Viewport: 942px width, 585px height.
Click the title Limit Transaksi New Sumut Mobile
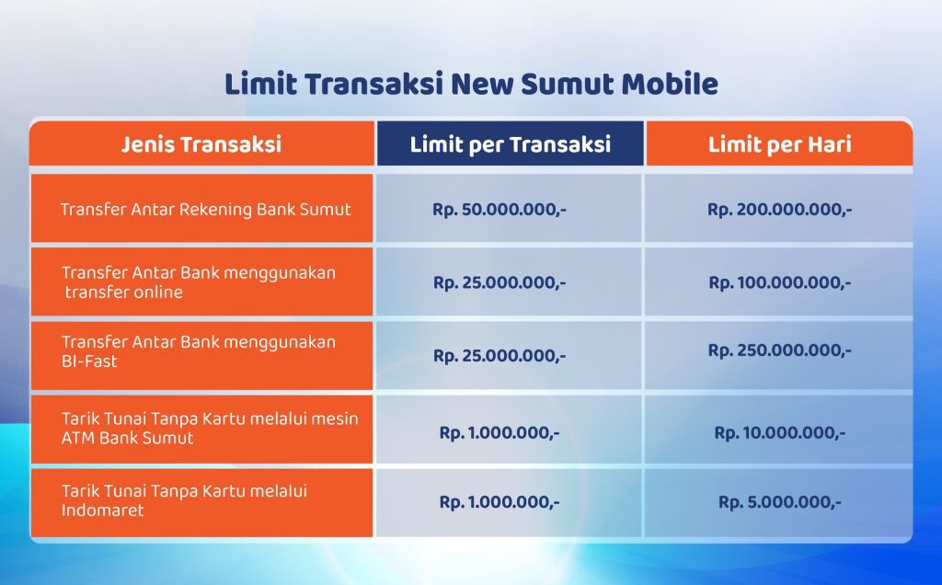pos(471,85)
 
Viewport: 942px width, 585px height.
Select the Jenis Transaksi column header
pos(201,144)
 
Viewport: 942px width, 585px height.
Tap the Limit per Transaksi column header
pos(510,144)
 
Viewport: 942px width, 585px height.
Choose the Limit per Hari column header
pos(779,144)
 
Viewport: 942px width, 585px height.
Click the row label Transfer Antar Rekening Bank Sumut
pos(205,209)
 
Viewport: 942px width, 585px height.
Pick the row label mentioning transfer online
pos(199,282)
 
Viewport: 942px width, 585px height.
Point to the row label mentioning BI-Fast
pos(199,351)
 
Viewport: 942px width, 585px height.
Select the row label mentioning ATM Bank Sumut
pos(210,428)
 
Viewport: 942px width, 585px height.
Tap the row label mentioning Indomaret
pos(184,500)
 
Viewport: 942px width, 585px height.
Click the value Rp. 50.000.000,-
pos(500,209)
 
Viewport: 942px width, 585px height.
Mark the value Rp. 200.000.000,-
pos(779,209)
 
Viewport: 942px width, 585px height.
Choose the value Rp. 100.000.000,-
pos(779,282)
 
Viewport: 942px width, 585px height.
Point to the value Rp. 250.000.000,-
pos(779,350)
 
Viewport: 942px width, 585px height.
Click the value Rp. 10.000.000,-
pos(779,432)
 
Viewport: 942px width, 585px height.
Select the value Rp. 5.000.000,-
pos(779,502)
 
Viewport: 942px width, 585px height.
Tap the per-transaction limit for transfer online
pos(500,282)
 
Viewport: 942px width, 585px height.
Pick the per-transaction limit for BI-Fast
pos(500,355)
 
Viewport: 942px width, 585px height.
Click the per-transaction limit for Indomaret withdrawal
pos(500,502)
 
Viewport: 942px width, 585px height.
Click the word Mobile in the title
pos(670,85)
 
